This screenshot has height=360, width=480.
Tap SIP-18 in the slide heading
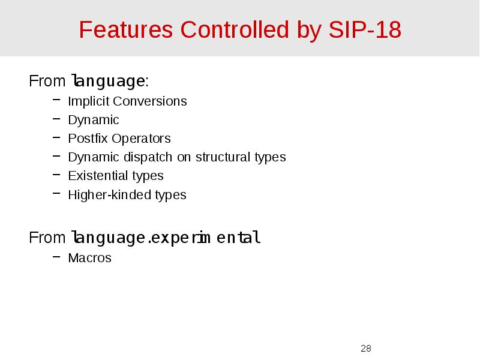click(365, 29)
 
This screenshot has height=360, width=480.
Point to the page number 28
click(366, 349)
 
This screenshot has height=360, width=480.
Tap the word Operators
click(141, 139)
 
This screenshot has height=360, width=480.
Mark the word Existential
click(98, 176)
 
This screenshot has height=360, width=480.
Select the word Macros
click(89, 258)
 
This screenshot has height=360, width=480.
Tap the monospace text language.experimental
click(166, 238)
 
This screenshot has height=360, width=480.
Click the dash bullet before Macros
click(56, 258)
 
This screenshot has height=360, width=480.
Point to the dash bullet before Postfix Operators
click(56, 139)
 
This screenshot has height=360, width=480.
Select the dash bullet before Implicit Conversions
click(56, 101)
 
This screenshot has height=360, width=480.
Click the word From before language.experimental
click(47, 238)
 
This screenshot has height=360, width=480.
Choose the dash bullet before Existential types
click(56, 176)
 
